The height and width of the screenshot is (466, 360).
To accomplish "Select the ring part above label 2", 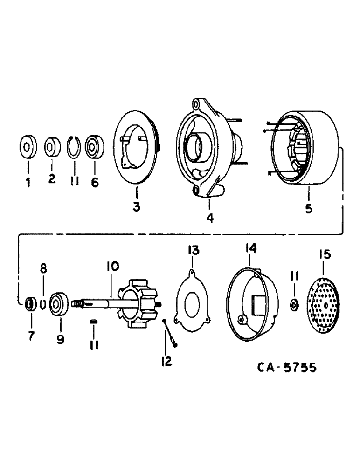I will (52, 148).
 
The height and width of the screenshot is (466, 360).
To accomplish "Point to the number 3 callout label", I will (136, 206).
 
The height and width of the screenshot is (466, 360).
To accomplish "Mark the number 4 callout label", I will (210, 217).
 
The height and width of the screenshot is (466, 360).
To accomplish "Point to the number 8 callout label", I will (43, 269).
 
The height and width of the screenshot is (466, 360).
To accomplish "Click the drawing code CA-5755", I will (287, 368).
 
